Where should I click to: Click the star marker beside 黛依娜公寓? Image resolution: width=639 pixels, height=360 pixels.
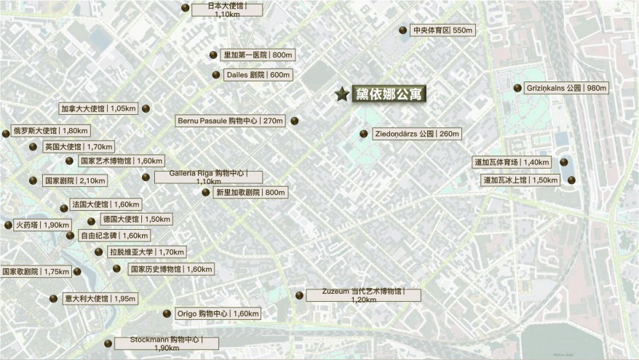(341, 94)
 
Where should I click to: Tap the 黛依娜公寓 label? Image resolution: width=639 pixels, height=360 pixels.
(389, 94)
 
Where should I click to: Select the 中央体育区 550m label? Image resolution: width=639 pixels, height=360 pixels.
(442, 31)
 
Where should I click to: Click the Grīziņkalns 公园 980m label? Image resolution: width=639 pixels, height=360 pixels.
(565, 88)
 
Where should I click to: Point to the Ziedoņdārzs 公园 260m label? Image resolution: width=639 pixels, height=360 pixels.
(416, 134)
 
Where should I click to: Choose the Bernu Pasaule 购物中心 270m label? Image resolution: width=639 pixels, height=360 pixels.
(230, 121)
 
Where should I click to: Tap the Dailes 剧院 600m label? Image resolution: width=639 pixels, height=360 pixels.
(258, 75)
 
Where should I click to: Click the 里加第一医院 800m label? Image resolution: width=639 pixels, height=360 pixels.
(258, 55)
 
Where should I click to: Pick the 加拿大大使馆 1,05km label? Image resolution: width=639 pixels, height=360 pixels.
(98, 108)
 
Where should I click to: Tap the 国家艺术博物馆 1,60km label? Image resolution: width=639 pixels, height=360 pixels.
(121, 161)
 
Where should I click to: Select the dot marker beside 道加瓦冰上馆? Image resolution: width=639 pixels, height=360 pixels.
(571, 180)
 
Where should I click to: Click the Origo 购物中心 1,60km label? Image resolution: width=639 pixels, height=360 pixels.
(218, 313)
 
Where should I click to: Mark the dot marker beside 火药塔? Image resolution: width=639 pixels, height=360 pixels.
(8, 225)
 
